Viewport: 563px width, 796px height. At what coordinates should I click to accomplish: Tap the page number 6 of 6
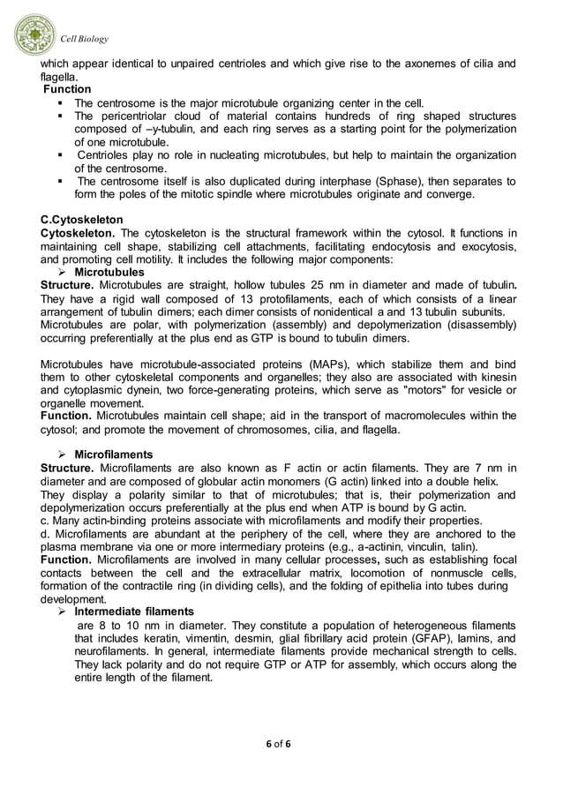[281, 743]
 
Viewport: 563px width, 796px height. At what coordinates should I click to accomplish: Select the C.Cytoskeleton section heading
[82, 219]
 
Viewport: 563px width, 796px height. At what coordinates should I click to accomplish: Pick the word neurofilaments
[112, 651]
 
